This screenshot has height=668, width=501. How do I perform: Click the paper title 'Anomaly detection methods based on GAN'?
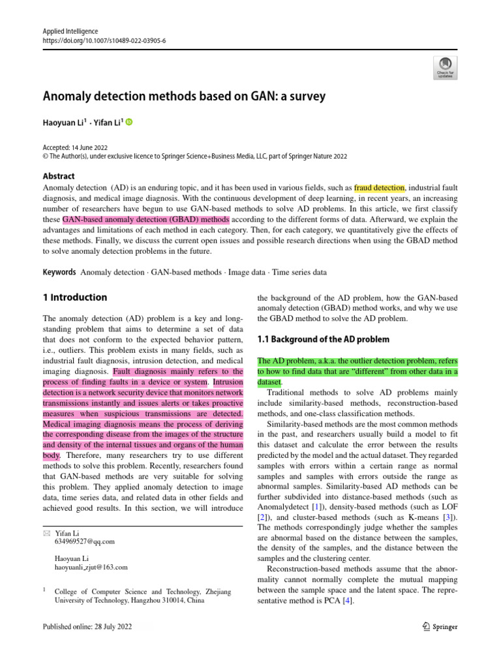click(184, 97)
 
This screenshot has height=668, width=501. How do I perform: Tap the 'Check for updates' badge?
click(445, 66)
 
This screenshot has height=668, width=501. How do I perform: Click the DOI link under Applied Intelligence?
click(104, 40)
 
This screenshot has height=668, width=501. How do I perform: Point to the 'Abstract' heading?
click(59, 176)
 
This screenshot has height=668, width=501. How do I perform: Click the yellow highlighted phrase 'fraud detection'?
click(379, 187)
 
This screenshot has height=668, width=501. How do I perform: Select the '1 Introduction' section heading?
click(75, 297)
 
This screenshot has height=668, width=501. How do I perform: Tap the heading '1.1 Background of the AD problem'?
click(324, 339)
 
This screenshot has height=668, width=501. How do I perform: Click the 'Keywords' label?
click(59, 272)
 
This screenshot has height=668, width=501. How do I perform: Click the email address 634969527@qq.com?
click(85, 541)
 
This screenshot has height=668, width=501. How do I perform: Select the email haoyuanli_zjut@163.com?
click(91, 568)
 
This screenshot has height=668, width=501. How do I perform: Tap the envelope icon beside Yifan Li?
click(46, 533)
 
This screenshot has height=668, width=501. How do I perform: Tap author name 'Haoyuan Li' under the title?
click(65, 122)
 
